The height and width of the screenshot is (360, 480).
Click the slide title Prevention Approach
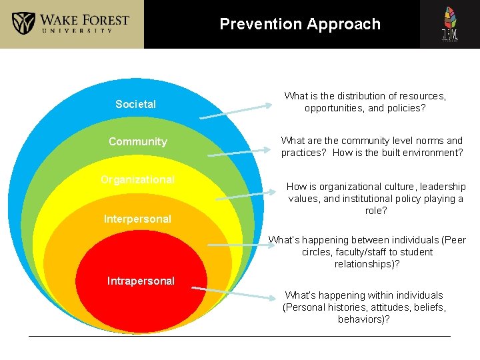(x=300, y=25)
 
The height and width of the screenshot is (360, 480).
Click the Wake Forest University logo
(x=71, y=24)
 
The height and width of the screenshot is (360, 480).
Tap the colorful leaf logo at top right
(x=450, y=24)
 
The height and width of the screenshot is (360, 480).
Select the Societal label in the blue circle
(x=135, y=104)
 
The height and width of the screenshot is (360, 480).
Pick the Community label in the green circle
(x=137, y=141)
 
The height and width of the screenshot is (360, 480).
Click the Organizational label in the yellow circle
(x=137, y=179)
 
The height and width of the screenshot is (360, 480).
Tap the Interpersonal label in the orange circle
(x=137, y=219)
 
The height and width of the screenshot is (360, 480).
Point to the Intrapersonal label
(x=141, y=281)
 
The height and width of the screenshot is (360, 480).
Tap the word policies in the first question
(x=406, y=108)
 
